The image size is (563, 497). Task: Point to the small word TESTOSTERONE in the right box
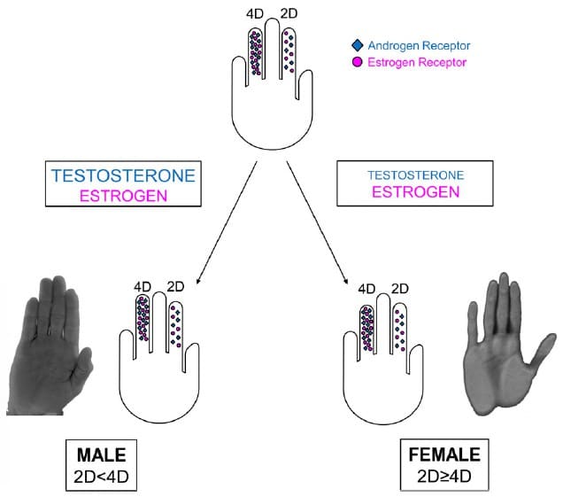[x=415, y=174]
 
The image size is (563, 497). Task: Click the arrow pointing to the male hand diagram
[x=225, y=221]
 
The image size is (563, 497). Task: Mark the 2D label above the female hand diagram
[x=399, y=288]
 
